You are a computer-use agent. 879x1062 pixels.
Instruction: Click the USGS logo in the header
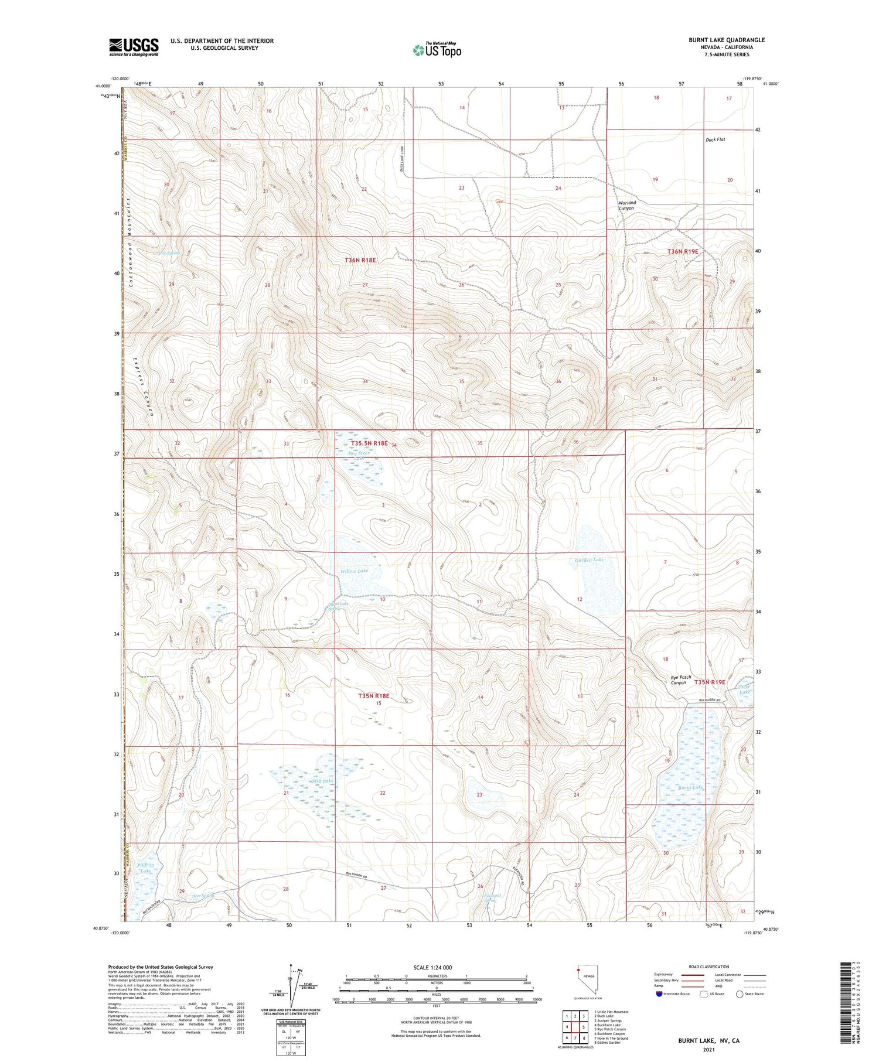tap(134, 47)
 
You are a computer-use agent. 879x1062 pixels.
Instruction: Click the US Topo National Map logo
tap(437, 50)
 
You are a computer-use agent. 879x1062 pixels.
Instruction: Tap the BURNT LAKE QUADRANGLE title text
tap(726, 40)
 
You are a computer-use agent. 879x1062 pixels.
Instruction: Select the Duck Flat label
tap(715, 139)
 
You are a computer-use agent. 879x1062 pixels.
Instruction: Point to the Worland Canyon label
tap(626, 206)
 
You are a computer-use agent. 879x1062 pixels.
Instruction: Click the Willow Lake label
tap(354, 571)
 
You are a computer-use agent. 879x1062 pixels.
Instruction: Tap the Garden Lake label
tap(589, 560)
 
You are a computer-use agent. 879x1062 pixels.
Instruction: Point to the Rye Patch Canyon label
tap(680, 680)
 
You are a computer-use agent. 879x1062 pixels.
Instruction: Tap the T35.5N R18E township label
tap(369, 443)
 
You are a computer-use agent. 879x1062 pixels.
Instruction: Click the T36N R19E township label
tap(683, 251)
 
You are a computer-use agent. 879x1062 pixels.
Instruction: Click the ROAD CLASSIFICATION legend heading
tap(708, 967)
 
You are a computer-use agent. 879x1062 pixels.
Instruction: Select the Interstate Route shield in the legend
tap(659, 994)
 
